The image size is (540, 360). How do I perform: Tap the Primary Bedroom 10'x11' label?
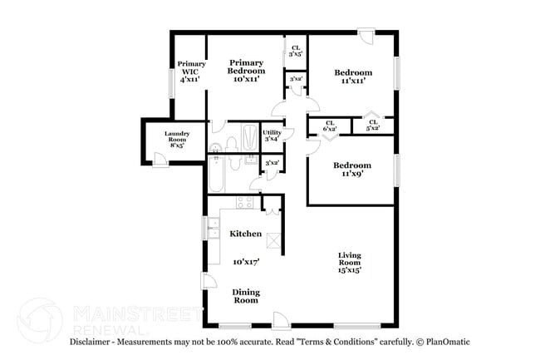click(x=247, y=72)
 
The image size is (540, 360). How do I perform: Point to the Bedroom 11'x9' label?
click(x=352, y=170)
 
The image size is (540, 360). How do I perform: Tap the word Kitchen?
click(x=246, y=234)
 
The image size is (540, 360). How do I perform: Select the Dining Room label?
click(x=245, y=295)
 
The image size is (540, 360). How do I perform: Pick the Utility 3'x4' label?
click(x=272, y=136)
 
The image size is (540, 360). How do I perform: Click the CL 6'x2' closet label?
click(x=329, y=126)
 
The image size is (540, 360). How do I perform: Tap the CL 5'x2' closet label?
click(x=372, y=126)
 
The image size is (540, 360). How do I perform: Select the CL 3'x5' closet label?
click(x=295, y=51)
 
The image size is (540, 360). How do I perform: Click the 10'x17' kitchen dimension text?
click(x=246, y=261)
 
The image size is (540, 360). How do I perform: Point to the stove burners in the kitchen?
click(x=245, y=201)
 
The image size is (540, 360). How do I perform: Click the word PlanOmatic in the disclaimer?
click(x=444, y=342)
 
